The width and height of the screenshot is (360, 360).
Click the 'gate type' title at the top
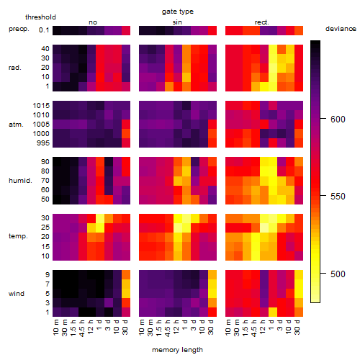[178, 12]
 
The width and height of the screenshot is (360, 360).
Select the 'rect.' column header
[262, 22]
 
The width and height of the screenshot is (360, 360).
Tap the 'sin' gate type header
[177, 22]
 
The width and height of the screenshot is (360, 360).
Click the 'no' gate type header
[93, 22]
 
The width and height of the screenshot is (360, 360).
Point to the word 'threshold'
[40, 17]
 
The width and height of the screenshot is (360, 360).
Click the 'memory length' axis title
[177, 350]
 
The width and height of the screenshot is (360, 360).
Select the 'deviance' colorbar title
[341, 29]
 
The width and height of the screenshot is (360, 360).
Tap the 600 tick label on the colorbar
[338, 119]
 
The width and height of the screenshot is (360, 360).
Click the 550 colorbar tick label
[338, 197]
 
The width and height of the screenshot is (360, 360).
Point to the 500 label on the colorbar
[338, 274]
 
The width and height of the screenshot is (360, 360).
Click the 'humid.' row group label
[20, 181]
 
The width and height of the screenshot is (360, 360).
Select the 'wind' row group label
[17, 294]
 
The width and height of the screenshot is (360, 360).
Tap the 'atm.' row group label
[16, 125]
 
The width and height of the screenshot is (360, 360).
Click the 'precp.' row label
[19, 30]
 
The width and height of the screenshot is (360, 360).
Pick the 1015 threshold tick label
[41, 106]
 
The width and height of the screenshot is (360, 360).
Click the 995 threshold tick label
[43, 143]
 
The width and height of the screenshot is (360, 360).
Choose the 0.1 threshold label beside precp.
[44, 30]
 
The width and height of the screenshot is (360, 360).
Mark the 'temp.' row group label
[18, 236]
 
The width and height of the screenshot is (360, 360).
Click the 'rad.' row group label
[15, 68]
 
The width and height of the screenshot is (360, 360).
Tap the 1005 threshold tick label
[41, 125]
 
